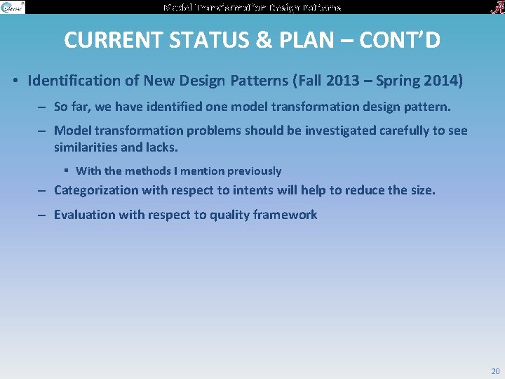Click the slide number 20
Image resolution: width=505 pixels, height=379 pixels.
[x=495, y=371]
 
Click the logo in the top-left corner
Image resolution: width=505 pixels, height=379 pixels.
[x=13, y=7]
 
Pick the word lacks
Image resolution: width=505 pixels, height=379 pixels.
[x=161, y=147]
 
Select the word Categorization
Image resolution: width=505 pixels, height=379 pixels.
[x=97, y=190]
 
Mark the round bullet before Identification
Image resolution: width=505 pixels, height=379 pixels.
[x=15, y=81]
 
